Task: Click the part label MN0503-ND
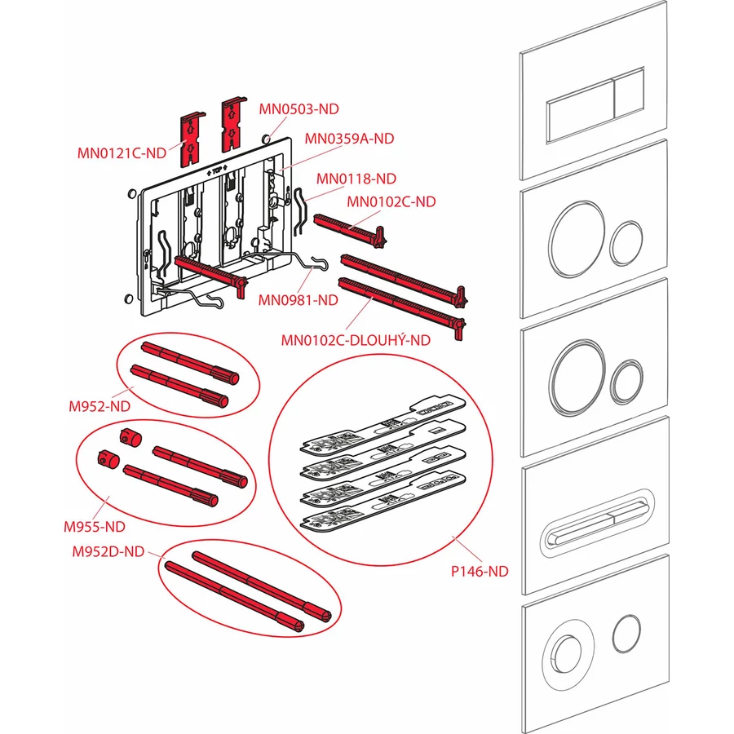point(298,108)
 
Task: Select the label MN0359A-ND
point(349,139)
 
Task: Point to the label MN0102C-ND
point(391,202)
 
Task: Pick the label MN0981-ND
point(298,300)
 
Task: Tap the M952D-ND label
point(108,552)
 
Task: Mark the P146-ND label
point(479,572)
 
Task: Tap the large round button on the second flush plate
point(576,236)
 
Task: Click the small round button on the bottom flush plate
point(626,634)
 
